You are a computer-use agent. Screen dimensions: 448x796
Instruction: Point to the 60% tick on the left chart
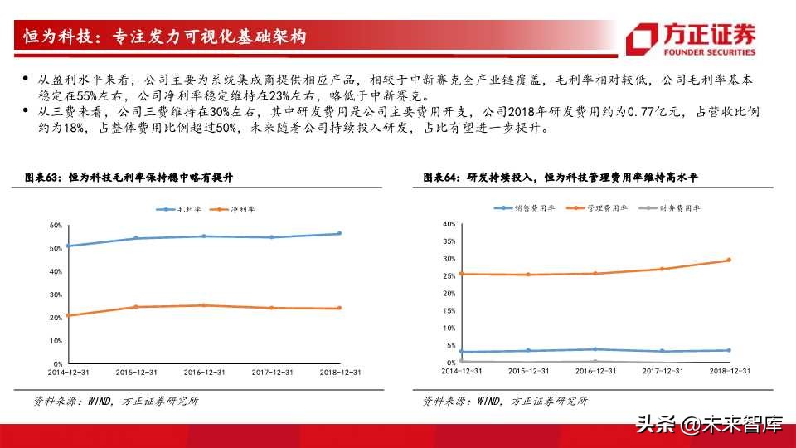coord(56,226)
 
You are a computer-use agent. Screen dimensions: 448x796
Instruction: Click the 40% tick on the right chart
coord(449,224)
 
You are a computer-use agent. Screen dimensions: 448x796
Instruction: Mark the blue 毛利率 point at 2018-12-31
coord(338,233)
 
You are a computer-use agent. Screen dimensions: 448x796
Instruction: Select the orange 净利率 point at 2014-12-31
coord(67,315)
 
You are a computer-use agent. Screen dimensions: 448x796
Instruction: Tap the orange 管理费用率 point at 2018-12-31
coord(729,260)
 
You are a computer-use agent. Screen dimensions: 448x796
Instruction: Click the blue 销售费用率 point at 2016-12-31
coord(595,349)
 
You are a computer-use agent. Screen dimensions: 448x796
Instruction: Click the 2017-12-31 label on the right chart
coord(662,371)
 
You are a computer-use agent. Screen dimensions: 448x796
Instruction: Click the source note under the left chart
coord(115,402)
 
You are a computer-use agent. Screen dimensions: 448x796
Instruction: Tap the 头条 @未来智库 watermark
coord(709,426)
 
